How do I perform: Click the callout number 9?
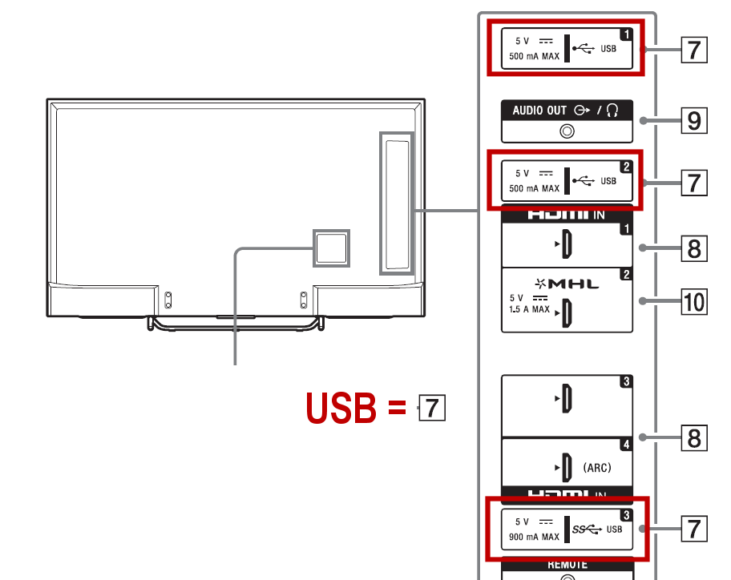(x=694, y=121)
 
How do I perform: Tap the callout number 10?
(x=694, y=302)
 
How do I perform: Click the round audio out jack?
(x=567, y=131)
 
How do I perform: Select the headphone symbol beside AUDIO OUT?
(x=614, y=111)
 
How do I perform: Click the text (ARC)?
(x=597, y=467)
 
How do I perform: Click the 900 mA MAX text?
(x=534, y=537)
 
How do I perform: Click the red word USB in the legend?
(x=341, y=409)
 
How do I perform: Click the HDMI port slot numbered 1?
(x=566, y=244)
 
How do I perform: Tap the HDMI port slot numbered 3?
(x=566, y=398)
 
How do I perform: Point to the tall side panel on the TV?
(x=397, y=203)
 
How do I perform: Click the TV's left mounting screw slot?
(x=168, y=300)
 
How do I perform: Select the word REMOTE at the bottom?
(x=567, y=564)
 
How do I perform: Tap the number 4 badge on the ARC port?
(x=626, y=444)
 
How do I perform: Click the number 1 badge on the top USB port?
(x=626, y=34)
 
